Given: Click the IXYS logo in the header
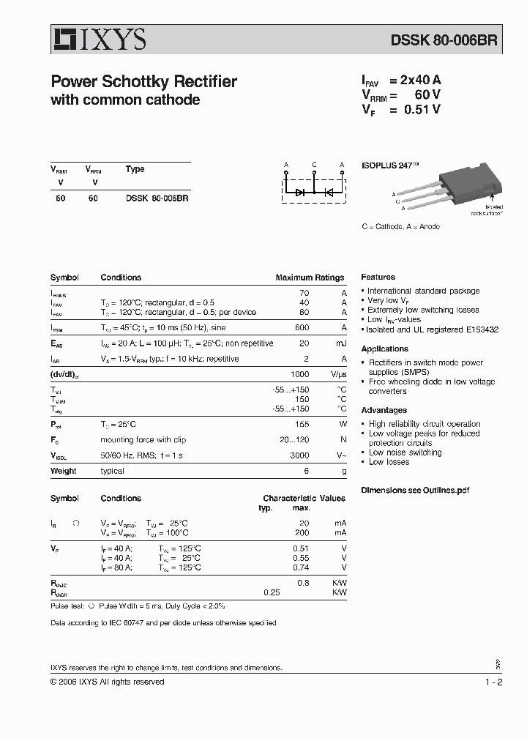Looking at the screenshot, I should click(x=98, y=39).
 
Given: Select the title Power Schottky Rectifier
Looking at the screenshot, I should click(x=143, y=82).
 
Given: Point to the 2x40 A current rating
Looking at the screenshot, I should click(x=420, y=81).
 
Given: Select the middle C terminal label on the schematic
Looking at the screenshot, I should click(x=314, y=165).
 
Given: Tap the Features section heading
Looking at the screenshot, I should click(x=378, y=278).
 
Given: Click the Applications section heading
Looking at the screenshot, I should click(x=384, y=349).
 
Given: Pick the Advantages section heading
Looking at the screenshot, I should click(x=384, y=411).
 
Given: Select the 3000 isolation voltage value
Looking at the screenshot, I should click(x=300, y=455).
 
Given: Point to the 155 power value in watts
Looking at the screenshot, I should click(x=302, y=425).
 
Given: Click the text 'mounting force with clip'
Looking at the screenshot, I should click(x=143, y=440).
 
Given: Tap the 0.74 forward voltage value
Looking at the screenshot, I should click(x=300, y=567).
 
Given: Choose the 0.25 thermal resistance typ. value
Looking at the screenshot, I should click(x=272, y=592).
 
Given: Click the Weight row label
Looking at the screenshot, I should click(x=63, y=472).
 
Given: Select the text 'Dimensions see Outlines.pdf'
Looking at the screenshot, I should click(x=414, y=490).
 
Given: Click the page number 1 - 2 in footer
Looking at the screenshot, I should click(x=494, y=682).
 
